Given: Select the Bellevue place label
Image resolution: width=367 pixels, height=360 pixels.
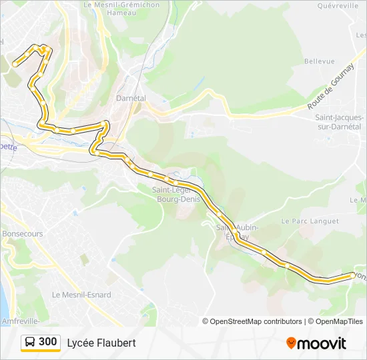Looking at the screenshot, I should (319, 61).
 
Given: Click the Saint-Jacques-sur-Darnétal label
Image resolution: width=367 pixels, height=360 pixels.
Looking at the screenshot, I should (338, 121).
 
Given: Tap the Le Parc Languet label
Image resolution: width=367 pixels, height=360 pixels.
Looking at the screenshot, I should (310, 220).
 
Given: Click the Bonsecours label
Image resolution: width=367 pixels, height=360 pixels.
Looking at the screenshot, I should (22, 234).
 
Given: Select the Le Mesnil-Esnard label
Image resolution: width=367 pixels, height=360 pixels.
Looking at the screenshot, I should (81, 295).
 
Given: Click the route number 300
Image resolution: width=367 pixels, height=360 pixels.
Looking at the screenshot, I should (48, 342).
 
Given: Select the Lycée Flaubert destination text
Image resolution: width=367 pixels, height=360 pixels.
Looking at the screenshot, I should (101, 343).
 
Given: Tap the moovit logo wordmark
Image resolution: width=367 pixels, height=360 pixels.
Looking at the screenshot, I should (322, 343).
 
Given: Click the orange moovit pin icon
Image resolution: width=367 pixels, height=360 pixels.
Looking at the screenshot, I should (291, 343).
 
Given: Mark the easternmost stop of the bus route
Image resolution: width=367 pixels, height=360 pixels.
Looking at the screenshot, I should (352, 274).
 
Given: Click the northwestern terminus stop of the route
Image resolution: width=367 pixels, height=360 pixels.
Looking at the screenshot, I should (15, 64).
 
